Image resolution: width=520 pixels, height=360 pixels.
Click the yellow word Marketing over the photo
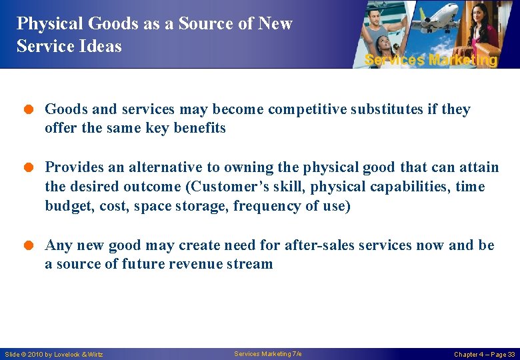463,60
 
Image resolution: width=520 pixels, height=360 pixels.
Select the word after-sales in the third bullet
319,245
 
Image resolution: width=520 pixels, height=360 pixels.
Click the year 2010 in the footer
37,355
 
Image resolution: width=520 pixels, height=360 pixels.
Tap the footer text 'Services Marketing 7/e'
268,354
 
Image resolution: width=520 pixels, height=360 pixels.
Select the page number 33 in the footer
511,355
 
